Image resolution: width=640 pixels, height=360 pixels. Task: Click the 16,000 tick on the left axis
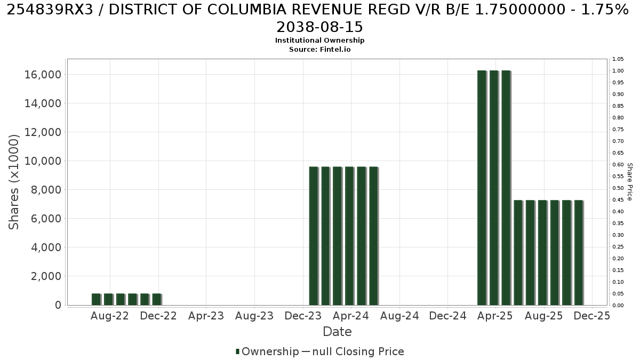click(43, 75)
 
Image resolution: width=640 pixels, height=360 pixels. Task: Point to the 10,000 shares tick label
click(43, 161)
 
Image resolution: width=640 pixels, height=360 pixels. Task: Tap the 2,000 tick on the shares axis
click(46, 276)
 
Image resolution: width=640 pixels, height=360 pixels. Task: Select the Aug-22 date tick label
click(110, 316)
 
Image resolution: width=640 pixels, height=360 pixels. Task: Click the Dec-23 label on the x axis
click(303, 316)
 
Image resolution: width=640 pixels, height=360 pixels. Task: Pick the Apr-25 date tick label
click(495, 316)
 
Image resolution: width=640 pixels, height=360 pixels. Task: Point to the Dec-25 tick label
click(591, 316)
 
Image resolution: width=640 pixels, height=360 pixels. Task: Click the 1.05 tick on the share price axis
click(618, 59)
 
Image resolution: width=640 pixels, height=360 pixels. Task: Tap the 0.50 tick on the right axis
click(618, 188)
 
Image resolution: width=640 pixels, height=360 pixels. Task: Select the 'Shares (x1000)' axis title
click(13, 182)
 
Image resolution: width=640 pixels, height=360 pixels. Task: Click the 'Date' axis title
click(337, 332)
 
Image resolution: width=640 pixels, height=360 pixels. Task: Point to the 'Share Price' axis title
click(629, 182)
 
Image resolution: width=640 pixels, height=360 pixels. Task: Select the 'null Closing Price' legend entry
click(358, 351)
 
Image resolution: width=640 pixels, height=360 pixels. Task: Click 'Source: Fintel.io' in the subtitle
click(319, 50)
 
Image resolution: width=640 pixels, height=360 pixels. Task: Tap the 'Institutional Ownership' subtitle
click(319, 41)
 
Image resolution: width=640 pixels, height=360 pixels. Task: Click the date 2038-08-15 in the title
click(319, 27)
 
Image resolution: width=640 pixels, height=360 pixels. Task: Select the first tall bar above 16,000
click(482, 188)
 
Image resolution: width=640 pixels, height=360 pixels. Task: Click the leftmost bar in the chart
click(97, 299)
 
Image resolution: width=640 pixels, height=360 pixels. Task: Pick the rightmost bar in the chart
click(579, 253)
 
